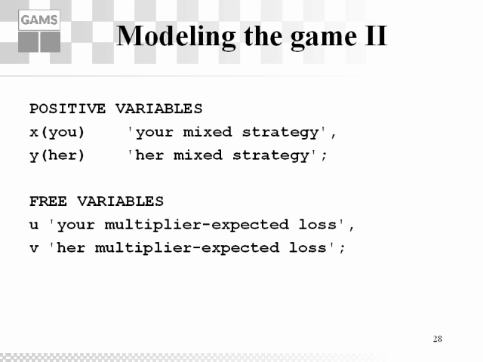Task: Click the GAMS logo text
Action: click(39, 20)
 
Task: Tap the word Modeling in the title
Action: click(176, 37)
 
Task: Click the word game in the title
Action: click(324, 38)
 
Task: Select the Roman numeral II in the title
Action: click(376, 35)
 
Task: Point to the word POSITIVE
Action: click(67, 109)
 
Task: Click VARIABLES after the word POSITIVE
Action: click(159, 109)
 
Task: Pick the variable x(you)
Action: click(57, 133)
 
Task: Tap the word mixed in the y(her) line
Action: click(198, 155)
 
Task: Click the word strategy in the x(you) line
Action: click(280, 133)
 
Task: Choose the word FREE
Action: click(48, 201)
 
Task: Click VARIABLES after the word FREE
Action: click(120, 201)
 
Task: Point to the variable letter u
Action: click(34, 225)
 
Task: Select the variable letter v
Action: click(34, 248)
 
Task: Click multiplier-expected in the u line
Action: click(197, 225)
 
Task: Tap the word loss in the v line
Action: click(307, 247)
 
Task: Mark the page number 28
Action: click(438, 339)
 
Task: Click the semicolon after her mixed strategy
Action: click(324, 156)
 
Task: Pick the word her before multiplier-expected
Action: click(71, 247)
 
